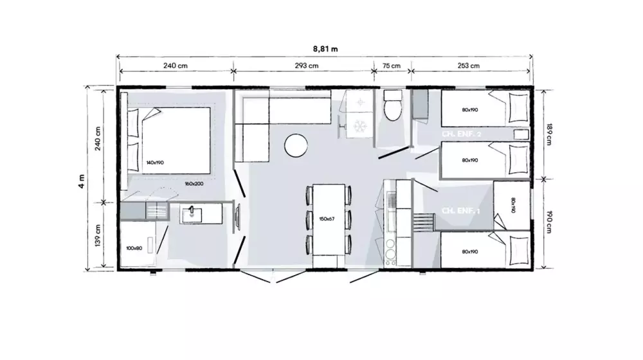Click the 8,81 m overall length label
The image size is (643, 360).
(325, 48)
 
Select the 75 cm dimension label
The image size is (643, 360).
(391, 66)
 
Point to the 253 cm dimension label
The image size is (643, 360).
(469, 66)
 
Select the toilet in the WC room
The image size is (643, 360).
(391, 108)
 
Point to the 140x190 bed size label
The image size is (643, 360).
(155, 163)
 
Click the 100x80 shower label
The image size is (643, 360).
(134, 247)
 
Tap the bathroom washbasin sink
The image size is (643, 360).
(192, 213)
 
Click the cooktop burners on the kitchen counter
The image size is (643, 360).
(390, 250)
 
